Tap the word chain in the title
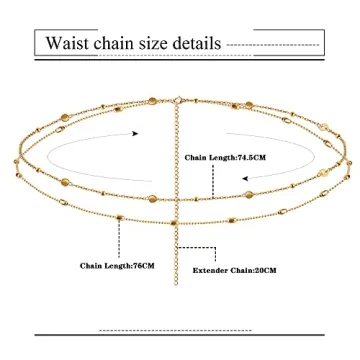[123, 44]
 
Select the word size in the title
[163, 44]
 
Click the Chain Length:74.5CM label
[225, 157]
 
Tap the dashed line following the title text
[275, 45]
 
